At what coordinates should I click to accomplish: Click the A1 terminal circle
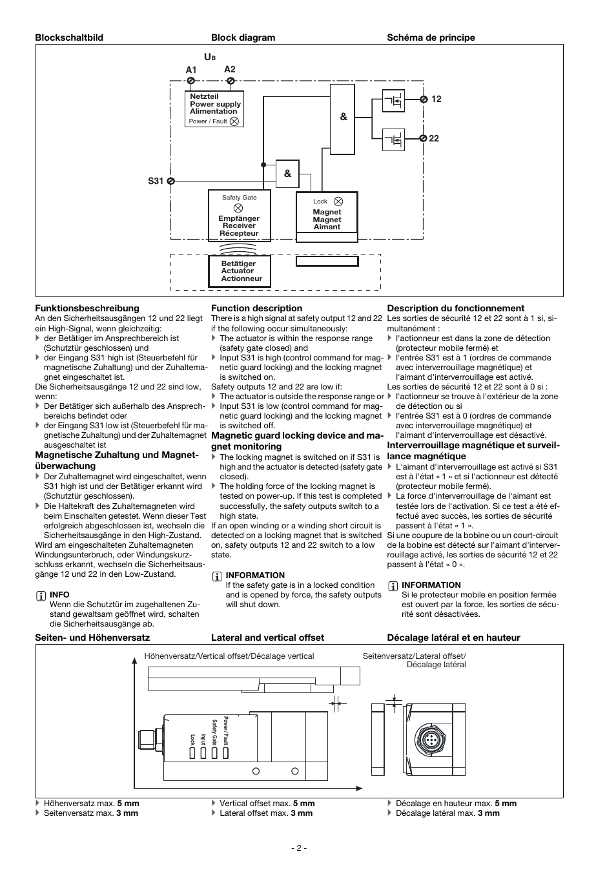point(191,81)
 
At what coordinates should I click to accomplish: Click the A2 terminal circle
point(231,81)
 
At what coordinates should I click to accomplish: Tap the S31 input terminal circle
point(170,182)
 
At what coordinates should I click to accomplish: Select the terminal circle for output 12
point(424,99)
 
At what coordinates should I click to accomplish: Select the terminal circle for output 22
point(424,138)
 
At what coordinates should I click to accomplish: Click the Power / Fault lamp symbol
point(234,121)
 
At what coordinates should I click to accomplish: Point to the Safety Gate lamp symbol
point(238,208)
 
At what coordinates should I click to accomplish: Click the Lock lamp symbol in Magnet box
point(339,202)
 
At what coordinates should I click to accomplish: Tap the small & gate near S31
point(287,173)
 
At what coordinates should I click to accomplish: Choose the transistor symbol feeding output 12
point(393,101)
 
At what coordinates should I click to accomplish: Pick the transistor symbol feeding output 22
point(393,140)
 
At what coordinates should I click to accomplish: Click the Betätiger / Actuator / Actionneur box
point(240,271)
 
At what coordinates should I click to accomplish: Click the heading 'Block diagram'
point(243,37)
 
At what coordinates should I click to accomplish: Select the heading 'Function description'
point(256,308)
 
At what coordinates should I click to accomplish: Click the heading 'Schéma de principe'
point(431,37)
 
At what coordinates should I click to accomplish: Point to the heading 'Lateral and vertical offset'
point(267,638)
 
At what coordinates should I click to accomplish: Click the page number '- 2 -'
point(298,847)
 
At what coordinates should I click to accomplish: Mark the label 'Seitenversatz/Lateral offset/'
point(414,656)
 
